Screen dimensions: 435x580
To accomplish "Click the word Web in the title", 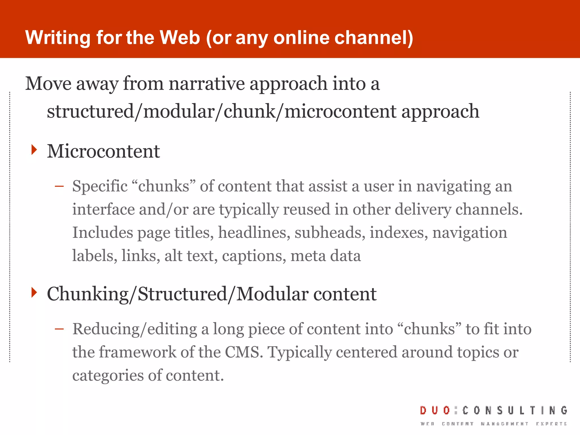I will (180, 37).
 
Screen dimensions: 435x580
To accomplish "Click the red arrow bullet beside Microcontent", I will (34, 150).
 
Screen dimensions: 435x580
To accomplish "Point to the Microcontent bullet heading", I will (103, 151).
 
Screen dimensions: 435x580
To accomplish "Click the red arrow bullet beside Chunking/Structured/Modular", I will (34, 292).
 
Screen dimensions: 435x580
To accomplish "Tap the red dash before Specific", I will (59, 186).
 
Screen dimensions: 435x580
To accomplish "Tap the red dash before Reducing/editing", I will (59, 329).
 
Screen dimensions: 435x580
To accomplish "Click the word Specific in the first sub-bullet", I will (100, 186).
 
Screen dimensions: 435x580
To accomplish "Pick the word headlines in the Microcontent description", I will (254, 233).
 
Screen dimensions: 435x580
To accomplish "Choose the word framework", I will (137, 352).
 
